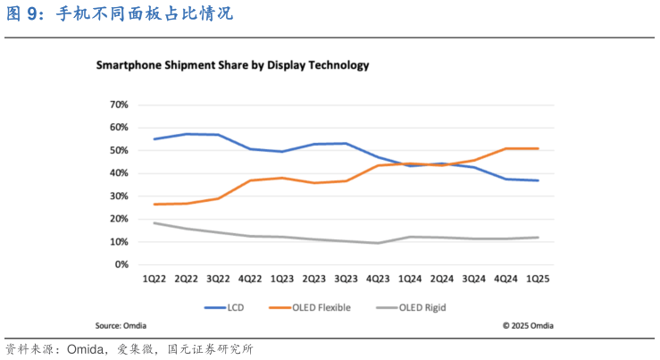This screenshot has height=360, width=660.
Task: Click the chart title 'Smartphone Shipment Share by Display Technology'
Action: [232, 65]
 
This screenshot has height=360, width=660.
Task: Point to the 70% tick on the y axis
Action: [119, 105]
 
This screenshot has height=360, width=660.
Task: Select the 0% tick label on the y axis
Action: [121, 264]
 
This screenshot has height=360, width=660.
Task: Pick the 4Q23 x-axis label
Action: [378, 279]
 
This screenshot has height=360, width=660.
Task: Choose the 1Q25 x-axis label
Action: [538, 279]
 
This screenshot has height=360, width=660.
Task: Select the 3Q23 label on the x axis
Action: [346, 279]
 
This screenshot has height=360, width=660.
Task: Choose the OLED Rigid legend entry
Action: [410, 307]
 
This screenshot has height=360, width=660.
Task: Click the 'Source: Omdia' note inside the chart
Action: [121, 325]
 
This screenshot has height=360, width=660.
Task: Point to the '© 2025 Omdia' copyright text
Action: [527, 325]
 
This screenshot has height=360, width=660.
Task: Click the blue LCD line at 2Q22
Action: [186, 134]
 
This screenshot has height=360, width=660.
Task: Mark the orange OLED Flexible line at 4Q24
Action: [505, 148]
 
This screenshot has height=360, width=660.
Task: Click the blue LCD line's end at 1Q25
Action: [538, 180]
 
